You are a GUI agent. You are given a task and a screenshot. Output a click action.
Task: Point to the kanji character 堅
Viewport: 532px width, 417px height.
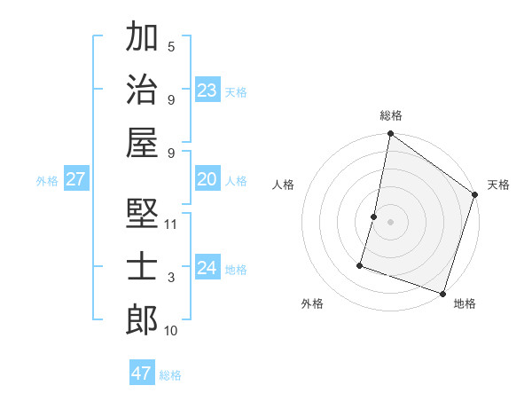click(x=142, y=214)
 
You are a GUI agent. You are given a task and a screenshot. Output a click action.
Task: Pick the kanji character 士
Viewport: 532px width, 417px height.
click(x=142, y=265)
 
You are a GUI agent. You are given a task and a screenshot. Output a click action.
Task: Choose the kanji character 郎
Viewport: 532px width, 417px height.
click(x=142, y=319)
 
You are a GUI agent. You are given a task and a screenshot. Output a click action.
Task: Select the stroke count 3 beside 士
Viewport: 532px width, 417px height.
click(x=171, y=279)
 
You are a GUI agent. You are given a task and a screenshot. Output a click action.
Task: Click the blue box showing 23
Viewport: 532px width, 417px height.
click(x=207, y=90)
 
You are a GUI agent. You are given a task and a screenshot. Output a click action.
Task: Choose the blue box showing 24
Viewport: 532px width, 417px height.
click(x=207, y=268)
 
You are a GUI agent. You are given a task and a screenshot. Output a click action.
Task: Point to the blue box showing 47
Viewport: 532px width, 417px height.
click(x=141, y=374)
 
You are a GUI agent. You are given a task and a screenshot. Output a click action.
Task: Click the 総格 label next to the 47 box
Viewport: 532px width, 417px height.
click(x=170, y=375)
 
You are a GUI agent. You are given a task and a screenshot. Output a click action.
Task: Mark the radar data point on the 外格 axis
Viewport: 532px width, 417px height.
click(x=361, y=264)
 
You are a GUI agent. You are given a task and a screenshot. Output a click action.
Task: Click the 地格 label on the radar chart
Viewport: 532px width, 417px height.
click(x=465, y=304)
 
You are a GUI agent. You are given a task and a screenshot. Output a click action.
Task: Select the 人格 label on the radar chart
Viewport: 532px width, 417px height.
click(x=284, y=185)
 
